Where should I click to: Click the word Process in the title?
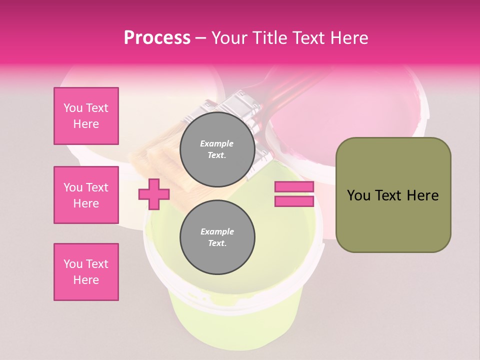157,38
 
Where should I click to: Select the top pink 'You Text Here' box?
86,116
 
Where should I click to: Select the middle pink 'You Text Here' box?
86,195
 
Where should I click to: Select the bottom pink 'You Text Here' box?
86,272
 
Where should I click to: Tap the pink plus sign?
154,194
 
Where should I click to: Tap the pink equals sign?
294,194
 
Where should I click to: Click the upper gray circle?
217,149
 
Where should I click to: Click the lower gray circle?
217,237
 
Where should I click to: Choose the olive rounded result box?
393,195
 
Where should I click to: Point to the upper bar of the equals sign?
294,187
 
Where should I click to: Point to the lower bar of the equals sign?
294,201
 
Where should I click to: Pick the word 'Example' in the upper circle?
216,143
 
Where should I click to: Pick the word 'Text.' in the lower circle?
216,243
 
